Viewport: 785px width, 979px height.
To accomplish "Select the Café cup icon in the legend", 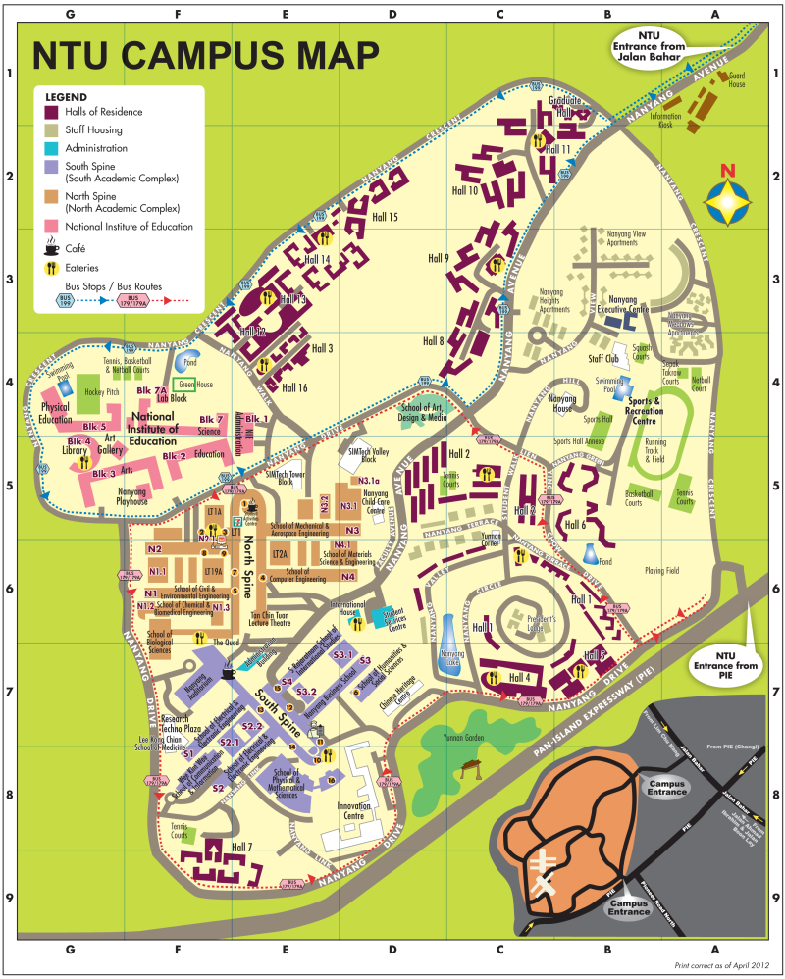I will tap(51, 249).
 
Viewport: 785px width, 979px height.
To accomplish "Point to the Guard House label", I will tap(736, 80).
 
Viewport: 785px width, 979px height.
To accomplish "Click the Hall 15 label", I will tap(384, 217).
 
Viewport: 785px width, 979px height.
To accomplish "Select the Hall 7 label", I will tap(241, 847).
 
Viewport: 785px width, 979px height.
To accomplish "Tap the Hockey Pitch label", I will tap(100, 392).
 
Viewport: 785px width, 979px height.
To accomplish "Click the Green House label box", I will tap(183, 385).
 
